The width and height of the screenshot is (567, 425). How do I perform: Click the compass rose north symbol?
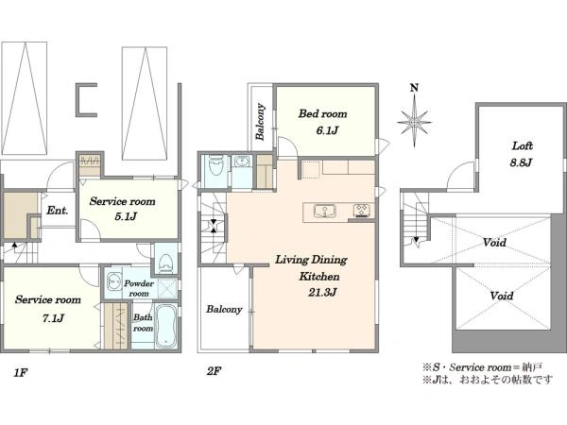click(x=415, y=116)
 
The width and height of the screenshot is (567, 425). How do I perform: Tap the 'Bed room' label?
click(x=322, y=114)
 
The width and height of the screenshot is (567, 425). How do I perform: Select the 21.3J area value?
click(x=322, y=292)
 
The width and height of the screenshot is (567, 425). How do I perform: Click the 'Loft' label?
click(x=523, y=146)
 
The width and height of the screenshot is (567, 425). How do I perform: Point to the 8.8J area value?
click(x=521, y=162)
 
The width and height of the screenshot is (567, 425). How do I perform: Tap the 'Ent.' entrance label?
click(x=57, y=211)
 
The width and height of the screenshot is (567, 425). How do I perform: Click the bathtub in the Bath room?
click(x=166, y=326)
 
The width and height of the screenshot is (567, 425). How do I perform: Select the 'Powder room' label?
click(x=139, y=288)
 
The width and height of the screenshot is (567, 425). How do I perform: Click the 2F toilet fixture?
click(x=216, y=165)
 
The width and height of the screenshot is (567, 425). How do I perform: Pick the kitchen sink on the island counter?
click(x=324, y=211)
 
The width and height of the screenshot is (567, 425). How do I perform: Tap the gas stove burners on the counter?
click(x=362, y=211)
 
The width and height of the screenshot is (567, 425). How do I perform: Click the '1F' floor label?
click(x=21, y=373)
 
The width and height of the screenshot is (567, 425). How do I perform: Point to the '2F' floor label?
click(x=215, y=371)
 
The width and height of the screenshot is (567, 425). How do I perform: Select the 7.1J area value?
click(x=53, y=318)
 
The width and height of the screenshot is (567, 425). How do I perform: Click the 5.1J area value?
click(x=126, y=216)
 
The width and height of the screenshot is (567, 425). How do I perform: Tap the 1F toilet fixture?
click(x=165, y=262)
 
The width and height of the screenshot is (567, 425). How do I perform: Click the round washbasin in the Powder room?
click(x=115, y=280)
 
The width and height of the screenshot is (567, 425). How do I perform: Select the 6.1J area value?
click(x=327, y=130)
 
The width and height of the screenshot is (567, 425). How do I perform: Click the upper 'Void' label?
click(x=494, y=243)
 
